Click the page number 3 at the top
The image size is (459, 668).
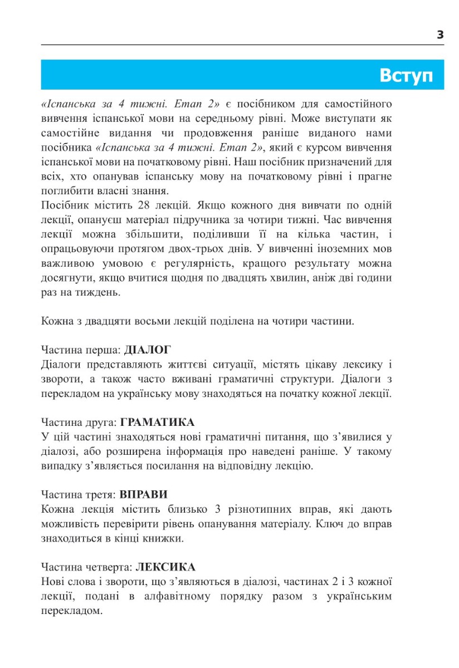[x=440, y=35]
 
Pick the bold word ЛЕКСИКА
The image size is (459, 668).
[x=165, y=567]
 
